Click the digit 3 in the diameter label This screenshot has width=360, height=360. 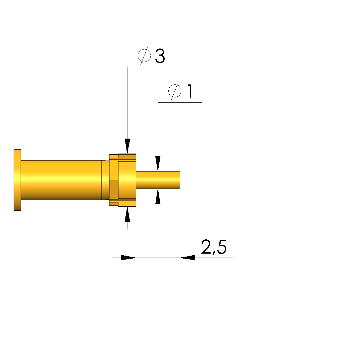(x=160, y=56)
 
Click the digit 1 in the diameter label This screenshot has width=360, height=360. (x=190, y=91)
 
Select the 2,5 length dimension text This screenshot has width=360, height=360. (x=214, y=247)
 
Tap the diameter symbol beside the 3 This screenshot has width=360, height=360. (x=144, y=56)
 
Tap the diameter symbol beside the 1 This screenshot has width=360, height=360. (x=175, y=91)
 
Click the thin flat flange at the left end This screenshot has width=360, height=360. (x=17, y=180)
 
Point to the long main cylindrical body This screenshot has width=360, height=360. (x=61, y=180)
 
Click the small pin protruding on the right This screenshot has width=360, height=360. (x=158, y=180)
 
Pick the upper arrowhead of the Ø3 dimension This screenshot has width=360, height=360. (x=127, y=146)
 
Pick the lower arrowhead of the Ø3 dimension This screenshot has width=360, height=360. (x=127, y=214)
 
